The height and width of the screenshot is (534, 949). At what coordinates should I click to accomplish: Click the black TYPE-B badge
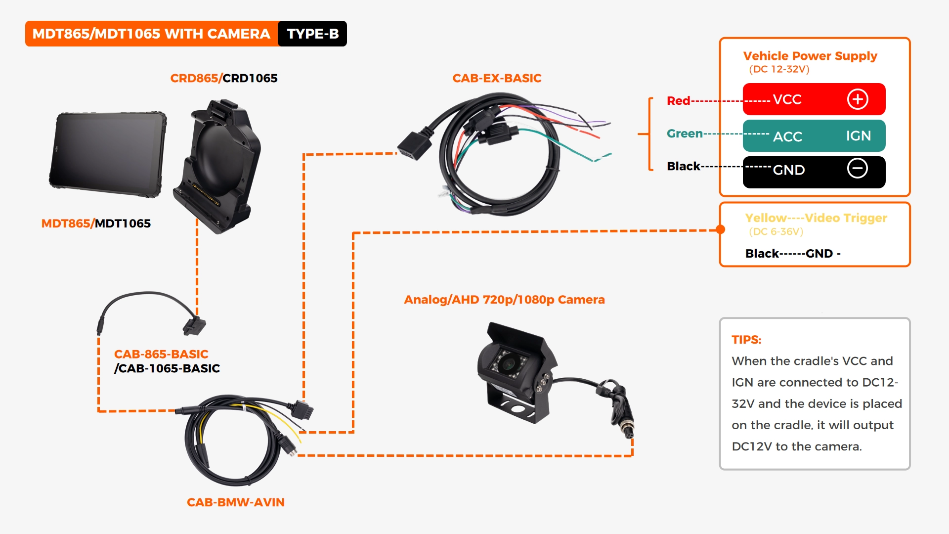(x=312, y=34)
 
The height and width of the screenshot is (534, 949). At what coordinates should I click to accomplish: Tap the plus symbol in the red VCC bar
(x=858, y=99)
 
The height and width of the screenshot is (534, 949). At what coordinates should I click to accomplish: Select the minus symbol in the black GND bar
(x=858, y=169)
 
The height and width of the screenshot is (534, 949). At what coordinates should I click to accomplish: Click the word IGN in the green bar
(x=858, y=136)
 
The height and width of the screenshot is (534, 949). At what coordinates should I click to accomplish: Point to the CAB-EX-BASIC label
(x=497, y=78)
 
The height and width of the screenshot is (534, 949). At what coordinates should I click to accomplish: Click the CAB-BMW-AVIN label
(x=236, y=502)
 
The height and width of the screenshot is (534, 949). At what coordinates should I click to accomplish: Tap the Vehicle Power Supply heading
(x=810, y=56)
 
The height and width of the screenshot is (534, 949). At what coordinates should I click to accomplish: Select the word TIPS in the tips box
(x=746, y=340)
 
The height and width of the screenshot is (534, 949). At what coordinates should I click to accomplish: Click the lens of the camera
(x=508, y=364)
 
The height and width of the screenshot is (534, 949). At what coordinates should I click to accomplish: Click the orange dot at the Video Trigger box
(x=721, y=229)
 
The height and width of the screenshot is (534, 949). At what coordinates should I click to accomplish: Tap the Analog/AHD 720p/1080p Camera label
(x=504, y=300)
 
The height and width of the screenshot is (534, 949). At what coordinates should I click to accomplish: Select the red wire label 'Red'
(x=678, y=101)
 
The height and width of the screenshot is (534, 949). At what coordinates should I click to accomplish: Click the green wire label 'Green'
(x=685, y=133)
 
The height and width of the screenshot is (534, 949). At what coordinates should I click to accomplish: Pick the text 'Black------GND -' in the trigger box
(x=793, y=254)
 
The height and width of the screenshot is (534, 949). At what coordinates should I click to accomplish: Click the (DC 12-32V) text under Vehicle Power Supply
(x=779, y=69)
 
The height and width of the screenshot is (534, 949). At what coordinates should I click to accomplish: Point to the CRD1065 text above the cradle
(x=250, y=78)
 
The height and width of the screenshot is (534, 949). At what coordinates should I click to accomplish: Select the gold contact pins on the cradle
(x=206, y=194)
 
